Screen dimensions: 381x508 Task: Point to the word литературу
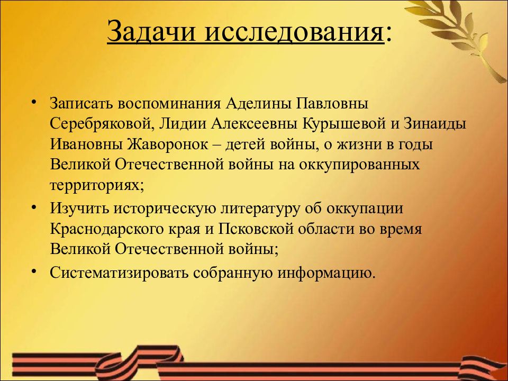tap(263, 208)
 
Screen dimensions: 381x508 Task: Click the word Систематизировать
tap(119, 273)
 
